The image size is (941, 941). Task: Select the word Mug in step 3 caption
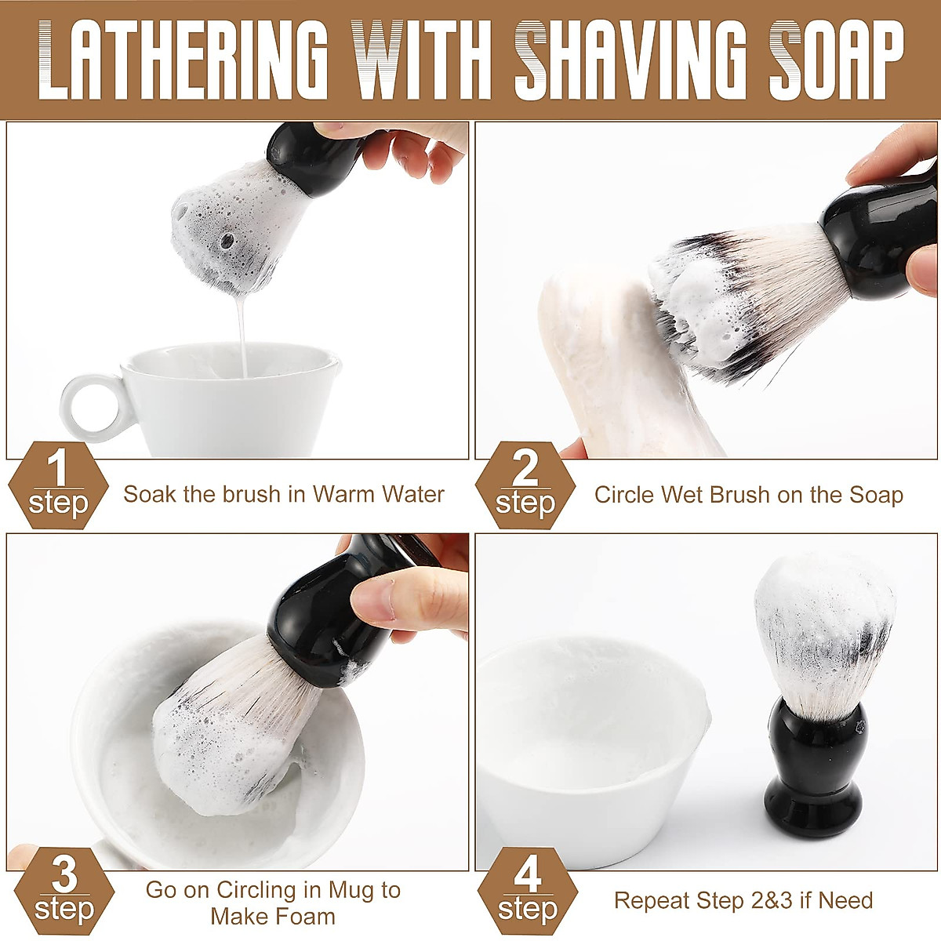(x=351, y=891)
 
